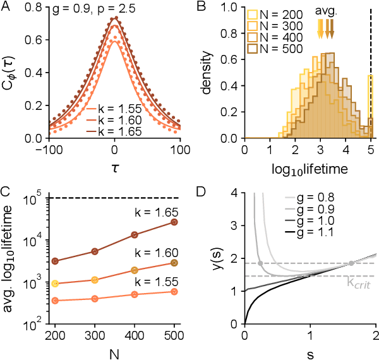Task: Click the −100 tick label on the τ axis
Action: (x=45, y=152)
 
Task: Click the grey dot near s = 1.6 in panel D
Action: (x=351, y=263)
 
